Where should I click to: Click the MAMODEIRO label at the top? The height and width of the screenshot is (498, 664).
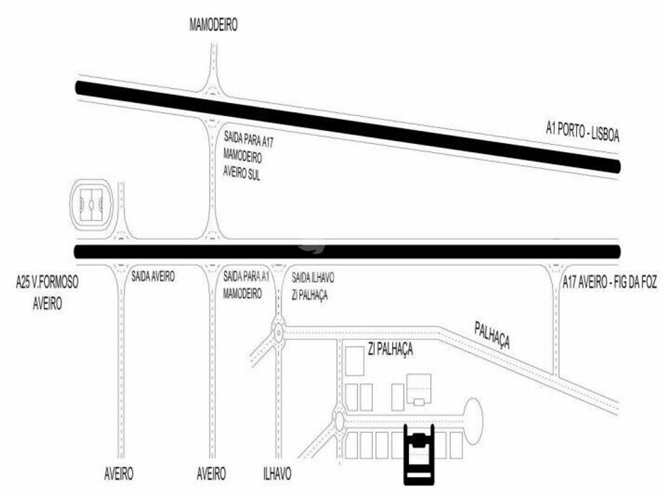(x=213, y=25)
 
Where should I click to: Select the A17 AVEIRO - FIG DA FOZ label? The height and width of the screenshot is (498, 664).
(x=609, y=282)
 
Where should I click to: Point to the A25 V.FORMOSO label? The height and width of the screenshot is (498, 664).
(x=47, y=282)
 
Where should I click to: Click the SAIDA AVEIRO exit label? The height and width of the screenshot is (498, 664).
(x=153, y=277)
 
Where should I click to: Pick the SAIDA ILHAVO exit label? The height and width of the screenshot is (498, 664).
(x=313, y=278)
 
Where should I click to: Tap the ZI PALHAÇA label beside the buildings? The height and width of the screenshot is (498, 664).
(x=390, y=349)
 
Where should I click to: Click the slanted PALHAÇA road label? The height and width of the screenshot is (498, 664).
(x=492, y=335)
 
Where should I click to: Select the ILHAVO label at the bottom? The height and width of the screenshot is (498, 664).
(x=277, y=473)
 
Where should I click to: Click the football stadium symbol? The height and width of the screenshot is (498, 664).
(x=91, y=205)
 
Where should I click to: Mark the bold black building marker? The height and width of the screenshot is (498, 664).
(x=419, y=454)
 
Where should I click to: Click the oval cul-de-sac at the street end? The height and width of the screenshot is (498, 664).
(x=473, y=422)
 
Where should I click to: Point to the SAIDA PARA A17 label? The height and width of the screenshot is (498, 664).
(x=248, y=140)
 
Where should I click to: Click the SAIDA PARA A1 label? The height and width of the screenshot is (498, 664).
(x=246, y=277)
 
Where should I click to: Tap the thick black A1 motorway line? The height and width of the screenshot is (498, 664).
(x=348, y=127)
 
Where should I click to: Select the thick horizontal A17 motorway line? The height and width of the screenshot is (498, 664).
(x=347, y=252)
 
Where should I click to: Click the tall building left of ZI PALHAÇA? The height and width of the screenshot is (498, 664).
(x=355, y=361)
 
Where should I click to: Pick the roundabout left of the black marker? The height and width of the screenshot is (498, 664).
(x=339, y=420)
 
